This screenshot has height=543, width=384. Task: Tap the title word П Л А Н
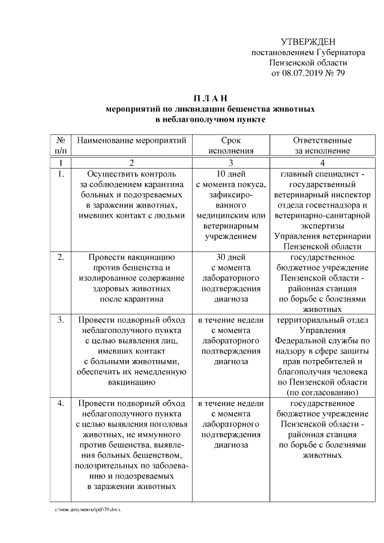pos(210,98)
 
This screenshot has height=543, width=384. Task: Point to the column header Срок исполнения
pos(230,145)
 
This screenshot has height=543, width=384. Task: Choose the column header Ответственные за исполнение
pos(322,145)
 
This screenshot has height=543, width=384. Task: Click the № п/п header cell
pos(61,145)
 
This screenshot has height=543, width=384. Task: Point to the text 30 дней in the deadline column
pos(230,257)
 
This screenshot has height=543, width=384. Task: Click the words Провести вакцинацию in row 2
pos(131,257)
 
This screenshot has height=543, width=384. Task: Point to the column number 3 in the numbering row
pos(230,163)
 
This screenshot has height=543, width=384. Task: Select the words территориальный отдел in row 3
pos(322,320)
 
